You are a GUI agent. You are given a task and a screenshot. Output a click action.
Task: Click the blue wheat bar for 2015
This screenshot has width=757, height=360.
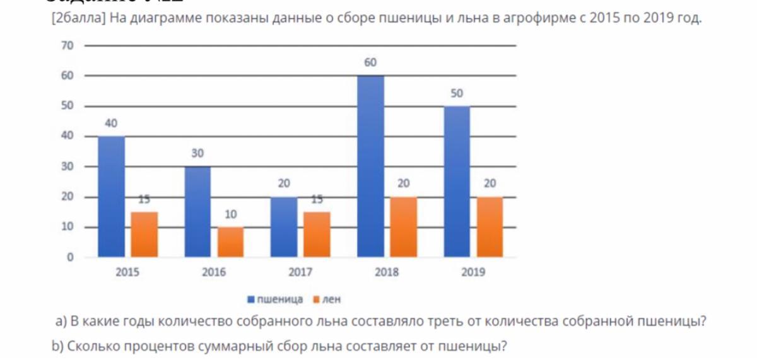[x=111, y=197]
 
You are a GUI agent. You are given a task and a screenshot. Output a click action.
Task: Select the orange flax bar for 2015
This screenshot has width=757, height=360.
[x=144, y=235]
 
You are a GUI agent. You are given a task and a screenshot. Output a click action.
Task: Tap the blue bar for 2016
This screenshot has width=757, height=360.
[x=197, y=212]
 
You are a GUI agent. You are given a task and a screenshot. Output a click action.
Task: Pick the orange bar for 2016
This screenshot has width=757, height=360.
[x=231, y=242]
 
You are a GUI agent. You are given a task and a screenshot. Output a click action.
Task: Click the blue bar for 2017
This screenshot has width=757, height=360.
[x=284, y=227]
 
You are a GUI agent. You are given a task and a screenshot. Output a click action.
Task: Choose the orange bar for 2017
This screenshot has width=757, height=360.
[x=317, y=235]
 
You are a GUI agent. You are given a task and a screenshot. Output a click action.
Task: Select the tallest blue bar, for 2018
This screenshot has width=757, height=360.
[x=370, y=166]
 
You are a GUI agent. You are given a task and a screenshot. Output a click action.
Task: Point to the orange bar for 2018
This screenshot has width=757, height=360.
[x=404, y=227]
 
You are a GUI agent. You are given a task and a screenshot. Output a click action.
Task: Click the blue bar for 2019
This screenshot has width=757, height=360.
[x=457, y=182]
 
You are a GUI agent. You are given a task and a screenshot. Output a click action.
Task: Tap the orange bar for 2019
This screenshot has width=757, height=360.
[x=490, y=227]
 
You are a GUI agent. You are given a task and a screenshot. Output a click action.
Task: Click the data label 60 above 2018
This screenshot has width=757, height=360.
[x=370, y=63]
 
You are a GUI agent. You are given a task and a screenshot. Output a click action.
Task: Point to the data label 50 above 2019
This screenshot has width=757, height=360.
[x=457, y=93]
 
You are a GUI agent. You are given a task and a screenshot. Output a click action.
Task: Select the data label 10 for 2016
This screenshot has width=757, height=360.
[x=231, y=215]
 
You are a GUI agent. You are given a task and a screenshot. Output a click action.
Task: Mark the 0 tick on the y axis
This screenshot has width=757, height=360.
[x=70, y=257]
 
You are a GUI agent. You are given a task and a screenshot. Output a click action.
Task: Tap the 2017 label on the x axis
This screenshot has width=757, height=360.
[x=300, y=273]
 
